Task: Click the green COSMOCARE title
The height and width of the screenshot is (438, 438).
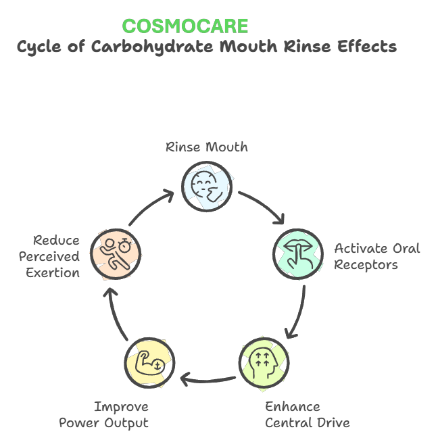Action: point(185,26)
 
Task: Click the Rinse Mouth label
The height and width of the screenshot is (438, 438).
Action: point(207,147)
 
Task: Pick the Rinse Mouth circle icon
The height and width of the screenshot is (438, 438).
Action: point(208,182)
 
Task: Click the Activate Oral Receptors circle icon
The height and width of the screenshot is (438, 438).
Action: point(298,253)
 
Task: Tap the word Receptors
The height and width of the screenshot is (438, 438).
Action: point(366,264)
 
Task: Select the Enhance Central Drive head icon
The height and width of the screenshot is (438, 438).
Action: point(264,363)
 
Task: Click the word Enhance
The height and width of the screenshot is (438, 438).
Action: point(292,407)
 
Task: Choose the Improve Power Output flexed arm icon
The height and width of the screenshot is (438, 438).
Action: point(149,363)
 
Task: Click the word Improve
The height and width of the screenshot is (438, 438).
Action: point(120,407)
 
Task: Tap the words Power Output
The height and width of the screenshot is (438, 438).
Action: point(103,423)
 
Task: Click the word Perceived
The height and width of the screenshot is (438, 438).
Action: point(49,257)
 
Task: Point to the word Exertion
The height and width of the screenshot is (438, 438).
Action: point(53,273)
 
